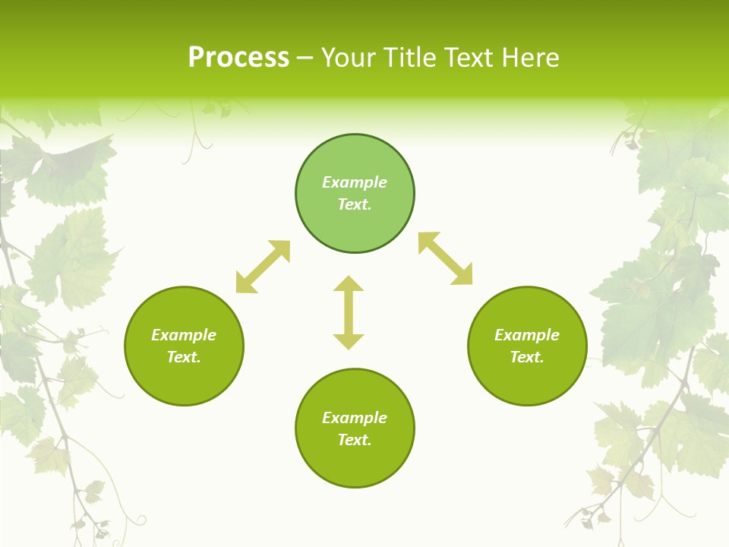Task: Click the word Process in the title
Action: coord(238,58)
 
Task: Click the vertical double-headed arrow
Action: coord(349,312)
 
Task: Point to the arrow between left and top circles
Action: coord(263,267)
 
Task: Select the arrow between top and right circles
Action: coord(446,258)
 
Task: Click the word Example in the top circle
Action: coord(355,182)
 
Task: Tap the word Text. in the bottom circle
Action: coord(355,440)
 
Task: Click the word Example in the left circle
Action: coord(184,335)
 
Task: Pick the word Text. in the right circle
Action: coord(527,357)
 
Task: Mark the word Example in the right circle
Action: coord(527,335)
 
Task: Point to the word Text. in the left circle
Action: coord(184,357)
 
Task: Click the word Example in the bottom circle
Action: coord(355,418)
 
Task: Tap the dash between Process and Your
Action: coord(305,58)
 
